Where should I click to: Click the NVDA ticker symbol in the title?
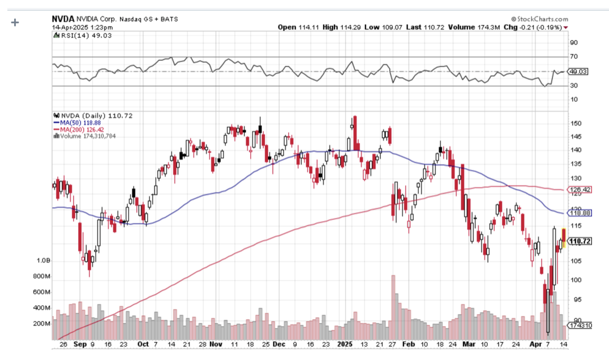click(63, 19)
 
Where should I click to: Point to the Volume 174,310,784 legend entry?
click(87, 136)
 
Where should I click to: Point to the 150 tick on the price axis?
click(575, 123)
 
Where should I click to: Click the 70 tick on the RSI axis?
click(573, 57)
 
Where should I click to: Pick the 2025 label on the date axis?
click(345, 344)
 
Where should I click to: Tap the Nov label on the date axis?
click(215, 344)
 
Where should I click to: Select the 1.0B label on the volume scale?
click(44, 261)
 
